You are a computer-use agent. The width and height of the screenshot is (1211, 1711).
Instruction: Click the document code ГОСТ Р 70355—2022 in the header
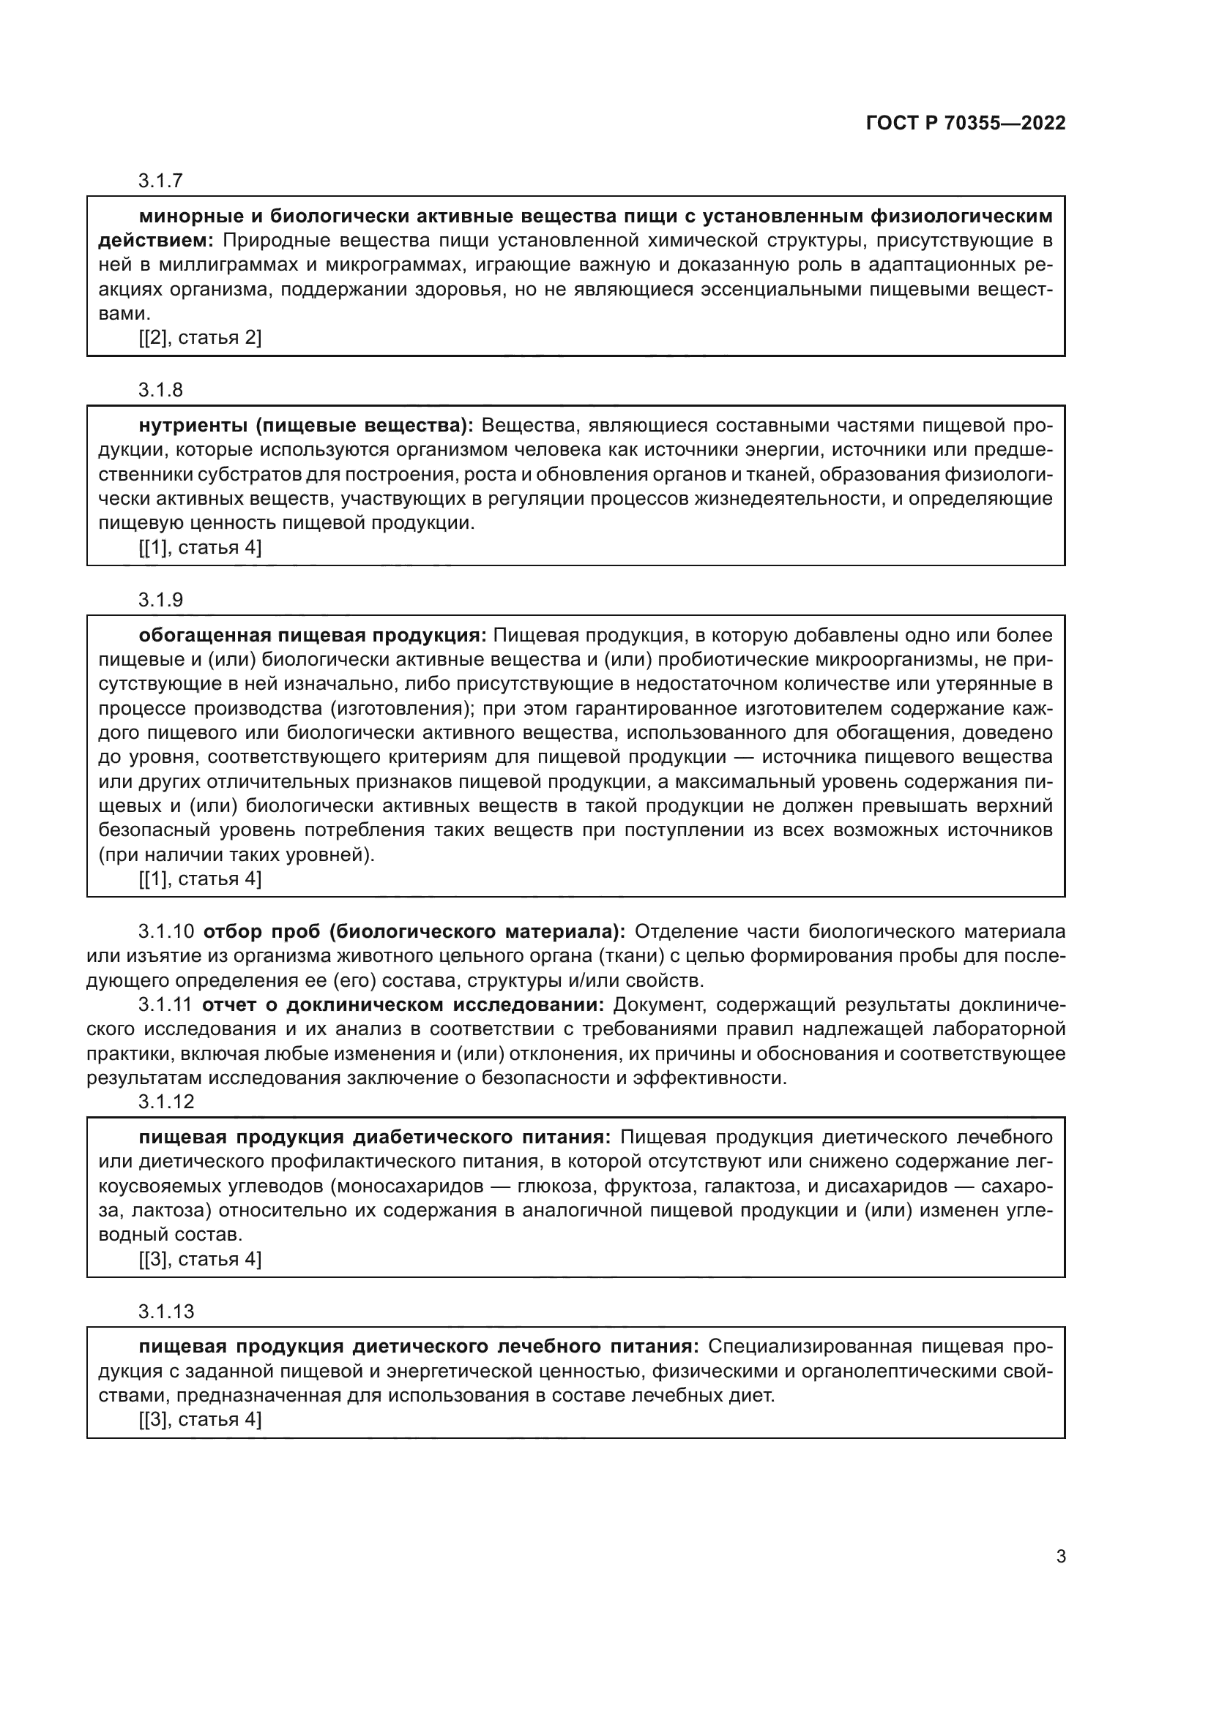pos(966,124)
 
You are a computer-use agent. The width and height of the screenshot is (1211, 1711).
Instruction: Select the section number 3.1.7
pos(160,181)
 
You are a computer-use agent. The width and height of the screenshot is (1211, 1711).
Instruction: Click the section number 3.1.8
pos(160,390)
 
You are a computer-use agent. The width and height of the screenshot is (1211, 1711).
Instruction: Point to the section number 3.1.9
pos(160,600)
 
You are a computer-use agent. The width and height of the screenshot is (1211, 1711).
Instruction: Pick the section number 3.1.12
pos(165,1102)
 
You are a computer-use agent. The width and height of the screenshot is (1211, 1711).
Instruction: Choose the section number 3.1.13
pos(165,1312)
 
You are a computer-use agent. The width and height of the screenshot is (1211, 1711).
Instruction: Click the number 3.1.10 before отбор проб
pos(165,931)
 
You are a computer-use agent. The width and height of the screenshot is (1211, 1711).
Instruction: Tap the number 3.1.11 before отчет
pos(165,1004)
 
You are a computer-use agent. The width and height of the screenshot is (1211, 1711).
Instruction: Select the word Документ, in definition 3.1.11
pos(659,1004)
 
